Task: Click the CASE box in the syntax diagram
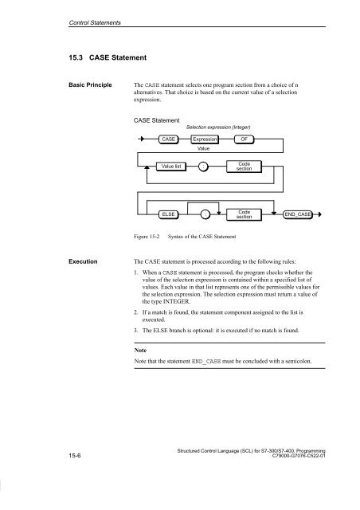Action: [169, 139]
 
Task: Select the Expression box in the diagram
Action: [205, 139]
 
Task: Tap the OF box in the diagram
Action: [244, 139]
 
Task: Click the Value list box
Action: [171, 167]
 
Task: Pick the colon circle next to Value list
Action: [203, 167]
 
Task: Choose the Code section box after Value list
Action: [244, 167]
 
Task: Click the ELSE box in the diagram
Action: [169, 214]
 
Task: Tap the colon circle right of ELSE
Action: [205, 214]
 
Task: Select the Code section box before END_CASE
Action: [244, 214]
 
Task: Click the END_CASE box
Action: [298, 214]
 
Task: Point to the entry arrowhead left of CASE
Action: [142, 139]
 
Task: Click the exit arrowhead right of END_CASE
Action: [320, 214]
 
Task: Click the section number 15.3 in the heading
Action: [76, 57]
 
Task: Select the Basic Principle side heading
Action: [90, 85]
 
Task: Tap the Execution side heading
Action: [83, 261]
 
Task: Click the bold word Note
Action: [140, 351]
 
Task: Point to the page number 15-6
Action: [75, 455]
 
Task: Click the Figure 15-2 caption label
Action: [147, 237]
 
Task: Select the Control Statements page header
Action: [95, 23]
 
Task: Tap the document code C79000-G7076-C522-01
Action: [299, 456]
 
